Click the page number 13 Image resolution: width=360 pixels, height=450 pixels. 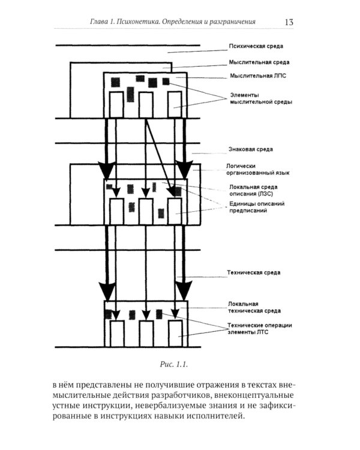click(x=288, y=23)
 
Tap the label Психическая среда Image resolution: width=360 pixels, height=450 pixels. click(x=256, y=46)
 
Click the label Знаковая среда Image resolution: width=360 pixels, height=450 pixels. click(x=251, y=148)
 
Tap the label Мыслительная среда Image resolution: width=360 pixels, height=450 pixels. click(x=259, y=61)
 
